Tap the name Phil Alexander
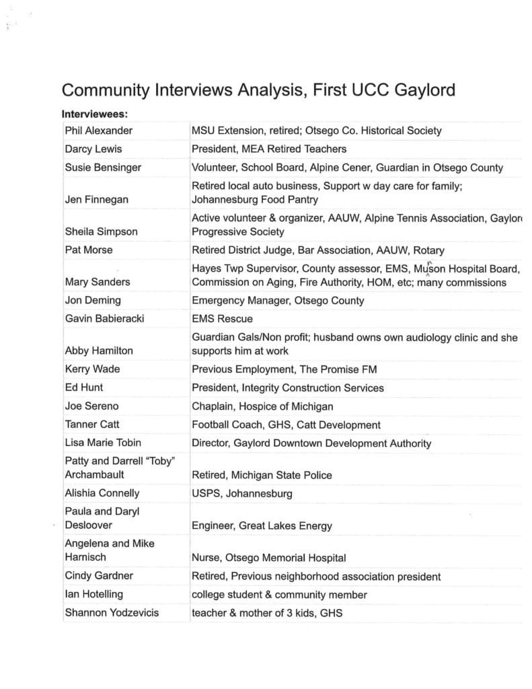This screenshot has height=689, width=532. pos(98,131)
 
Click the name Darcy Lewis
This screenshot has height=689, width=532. pos(93,149)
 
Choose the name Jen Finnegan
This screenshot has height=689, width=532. pos(96,199)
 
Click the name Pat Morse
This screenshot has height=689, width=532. pos(89,250)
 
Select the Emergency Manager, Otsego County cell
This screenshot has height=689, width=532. pos(278,300)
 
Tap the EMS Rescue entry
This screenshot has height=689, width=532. pos(222,318)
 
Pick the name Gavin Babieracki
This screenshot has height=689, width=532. pos(104,318)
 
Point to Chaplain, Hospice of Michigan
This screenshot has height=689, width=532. pos(262,406)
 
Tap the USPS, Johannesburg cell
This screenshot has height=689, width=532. pos(242,493)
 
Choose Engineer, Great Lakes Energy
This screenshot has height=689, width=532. pos(262,525)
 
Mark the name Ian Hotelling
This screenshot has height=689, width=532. pos(93,594)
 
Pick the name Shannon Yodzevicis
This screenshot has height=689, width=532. pos(112,612)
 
